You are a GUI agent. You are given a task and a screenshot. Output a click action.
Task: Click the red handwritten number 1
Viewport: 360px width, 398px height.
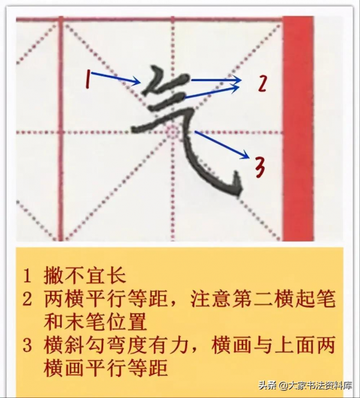[x=88, y=78]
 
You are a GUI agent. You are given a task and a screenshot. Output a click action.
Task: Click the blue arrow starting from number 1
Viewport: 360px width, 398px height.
[x=117, y=78]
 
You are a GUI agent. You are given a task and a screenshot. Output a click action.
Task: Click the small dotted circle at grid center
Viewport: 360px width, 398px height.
[x=172, y=131]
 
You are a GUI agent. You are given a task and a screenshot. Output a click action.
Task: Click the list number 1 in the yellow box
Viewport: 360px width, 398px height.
[x=27, y=277]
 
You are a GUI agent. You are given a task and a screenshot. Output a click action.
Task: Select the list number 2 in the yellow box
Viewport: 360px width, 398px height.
[x=27, y=298]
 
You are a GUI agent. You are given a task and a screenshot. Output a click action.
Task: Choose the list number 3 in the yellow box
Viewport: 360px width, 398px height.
[x=27, y=346]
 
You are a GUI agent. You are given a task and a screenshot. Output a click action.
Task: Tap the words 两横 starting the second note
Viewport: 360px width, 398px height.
[x=64, y=298]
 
